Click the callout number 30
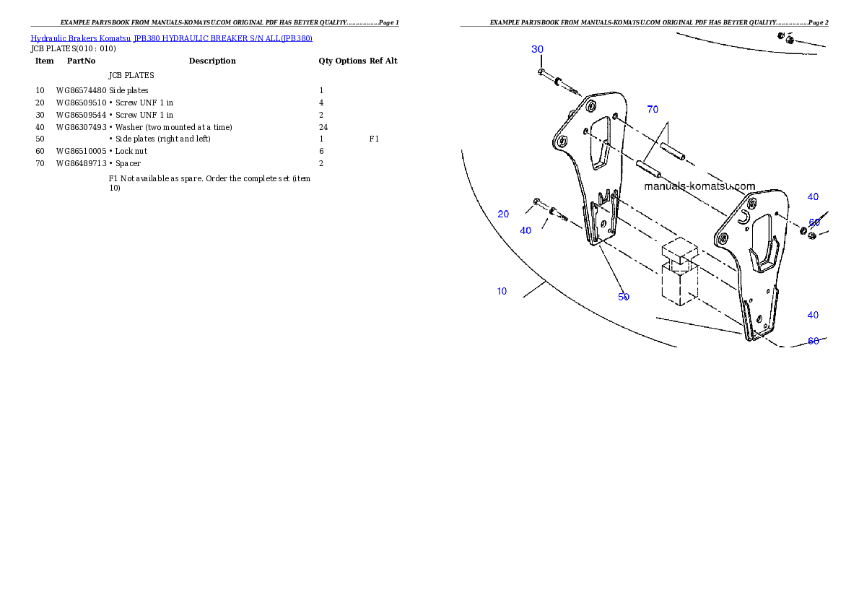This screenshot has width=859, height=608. point(537,49)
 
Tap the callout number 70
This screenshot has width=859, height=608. point(653,110)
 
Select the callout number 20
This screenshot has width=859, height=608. point(503,214)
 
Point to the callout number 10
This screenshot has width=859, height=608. point(502,292)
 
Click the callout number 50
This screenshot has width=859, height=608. point(624,297)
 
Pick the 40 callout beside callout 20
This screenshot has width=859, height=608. point(526,230)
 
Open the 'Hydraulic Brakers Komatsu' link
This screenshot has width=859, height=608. point(80,38)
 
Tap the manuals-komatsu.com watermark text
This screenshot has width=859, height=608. point(699,186)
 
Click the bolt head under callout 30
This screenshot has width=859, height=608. point(541,72)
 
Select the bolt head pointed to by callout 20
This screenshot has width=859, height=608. point(536,200)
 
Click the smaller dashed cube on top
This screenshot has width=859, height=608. point(679,251)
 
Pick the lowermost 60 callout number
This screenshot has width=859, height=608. point(814,341)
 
